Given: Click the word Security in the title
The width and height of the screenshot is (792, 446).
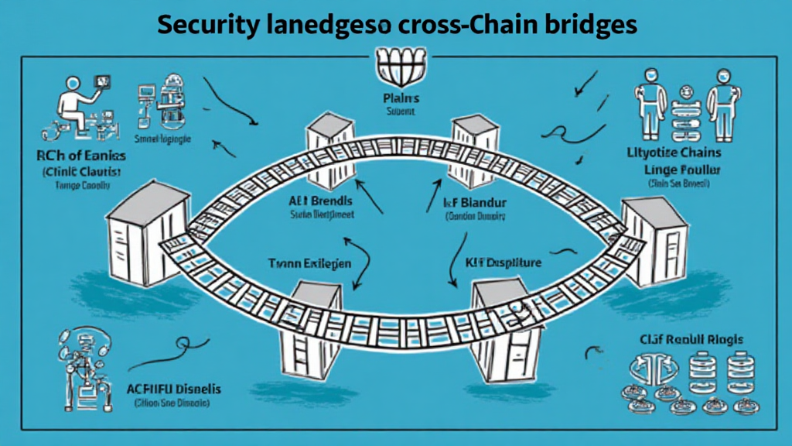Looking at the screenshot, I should [203, 25].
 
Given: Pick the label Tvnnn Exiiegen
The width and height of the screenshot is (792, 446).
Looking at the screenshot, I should [310, 263].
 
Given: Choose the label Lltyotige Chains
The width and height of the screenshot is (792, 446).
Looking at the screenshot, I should [674, 152].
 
